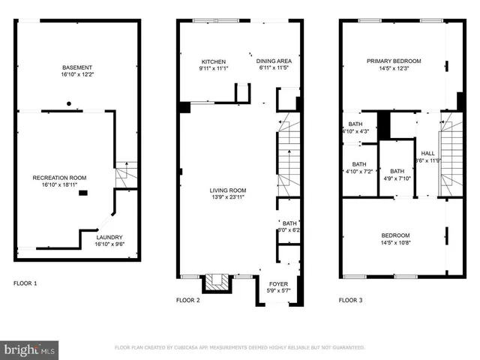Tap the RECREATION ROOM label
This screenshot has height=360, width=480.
click(x=60, y=178)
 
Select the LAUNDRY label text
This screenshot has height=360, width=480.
click(x=108, y=236)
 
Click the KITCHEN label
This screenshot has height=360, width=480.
click(x=213, y=61)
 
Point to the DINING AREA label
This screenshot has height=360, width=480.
click(x=274, y=61)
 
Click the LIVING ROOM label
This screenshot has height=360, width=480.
click(x=227, y=190)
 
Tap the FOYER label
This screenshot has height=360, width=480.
click(x=277, y=284)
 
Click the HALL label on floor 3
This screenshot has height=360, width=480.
click(x=427, y=153)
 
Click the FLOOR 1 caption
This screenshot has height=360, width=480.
click(x=25, y=283)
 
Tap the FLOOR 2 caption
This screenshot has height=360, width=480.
click(x=187, y=300)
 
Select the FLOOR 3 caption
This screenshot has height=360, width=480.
click(x=350, y=300)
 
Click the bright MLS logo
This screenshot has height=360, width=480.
click(x=30, y=349)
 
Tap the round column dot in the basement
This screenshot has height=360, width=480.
click(x=68, y=103)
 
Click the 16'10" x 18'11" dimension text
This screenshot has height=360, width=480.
click(x=60, y=185)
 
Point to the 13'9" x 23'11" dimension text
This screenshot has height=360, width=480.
click(x=227, y=198)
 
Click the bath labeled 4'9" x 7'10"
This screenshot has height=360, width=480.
click(x=397, y=175)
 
